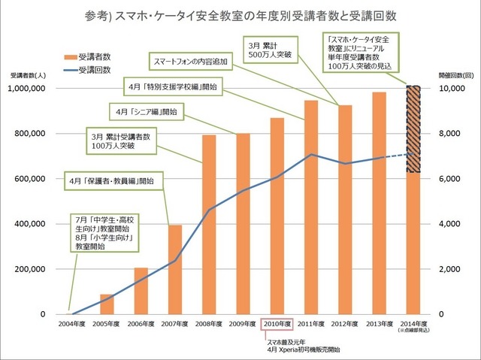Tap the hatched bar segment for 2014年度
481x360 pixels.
413,129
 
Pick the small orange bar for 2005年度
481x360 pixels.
107,304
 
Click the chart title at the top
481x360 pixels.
240,16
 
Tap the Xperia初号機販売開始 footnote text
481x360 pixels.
298,349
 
